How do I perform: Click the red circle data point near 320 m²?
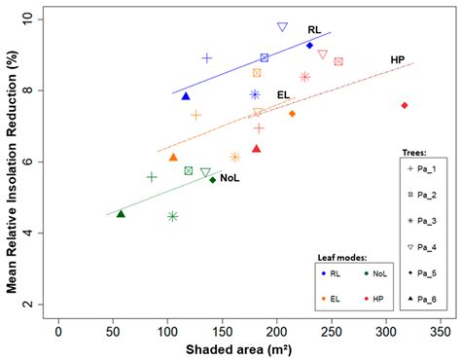405,105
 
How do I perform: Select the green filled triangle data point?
121,213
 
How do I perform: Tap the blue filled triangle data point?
186,96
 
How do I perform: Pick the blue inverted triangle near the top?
282,27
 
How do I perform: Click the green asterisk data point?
172,216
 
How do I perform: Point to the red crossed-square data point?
338,61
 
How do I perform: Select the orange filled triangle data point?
173,157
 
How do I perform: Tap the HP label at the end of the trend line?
398,60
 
